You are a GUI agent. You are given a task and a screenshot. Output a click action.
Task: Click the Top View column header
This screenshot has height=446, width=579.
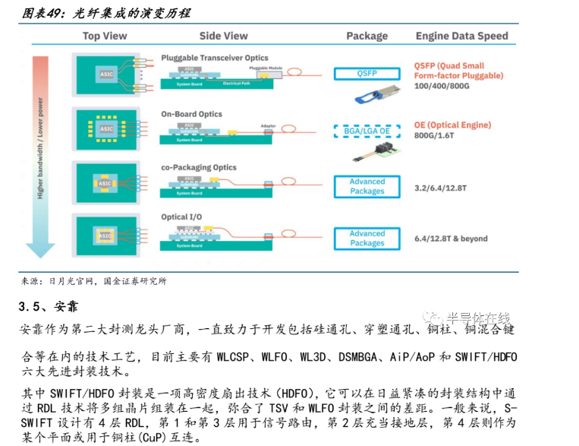coord(105,36)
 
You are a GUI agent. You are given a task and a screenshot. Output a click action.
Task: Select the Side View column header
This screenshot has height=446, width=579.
coord(223,36)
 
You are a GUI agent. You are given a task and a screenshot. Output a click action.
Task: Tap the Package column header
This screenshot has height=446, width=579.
coord(367,36)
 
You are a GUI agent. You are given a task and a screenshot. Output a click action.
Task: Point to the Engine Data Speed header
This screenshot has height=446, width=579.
coord(461,36)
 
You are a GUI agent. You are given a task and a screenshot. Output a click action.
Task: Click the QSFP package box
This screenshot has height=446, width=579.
coord(367,74)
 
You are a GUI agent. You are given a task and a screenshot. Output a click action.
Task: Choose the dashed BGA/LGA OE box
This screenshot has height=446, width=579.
coord(367,131)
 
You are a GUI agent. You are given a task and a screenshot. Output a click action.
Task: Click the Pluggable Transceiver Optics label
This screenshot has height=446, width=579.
coord(215,58)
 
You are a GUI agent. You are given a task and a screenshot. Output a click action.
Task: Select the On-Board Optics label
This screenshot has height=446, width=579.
coord(191,114)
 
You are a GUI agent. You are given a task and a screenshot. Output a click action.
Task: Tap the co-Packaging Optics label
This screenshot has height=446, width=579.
coord(199,167)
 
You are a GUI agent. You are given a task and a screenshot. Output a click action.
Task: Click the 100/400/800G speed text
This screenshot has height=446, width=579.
coord(442,87)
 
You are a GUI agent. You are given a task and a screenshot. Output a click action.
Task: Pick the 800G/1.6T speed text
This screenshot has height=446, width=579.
coord(433,136)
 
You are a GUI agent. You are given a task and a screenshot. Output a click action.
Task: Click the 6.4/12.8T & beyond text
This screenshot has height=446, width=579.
coord(451,239)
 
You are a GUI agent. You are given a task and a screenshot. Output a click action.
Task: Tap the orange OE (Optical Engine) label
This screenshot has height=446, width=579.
coord(452,125)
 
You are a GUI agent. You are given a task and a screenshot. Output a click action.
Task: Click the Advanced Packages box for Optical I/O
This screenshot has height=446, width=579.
coord(367,239)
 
